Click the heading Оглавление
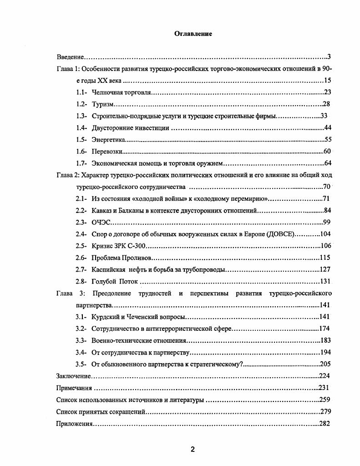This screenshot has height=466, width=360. pyautogui.click(x=193, y=34)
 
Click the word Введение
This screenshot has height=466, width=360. pyautogui.click(x=70, y=57)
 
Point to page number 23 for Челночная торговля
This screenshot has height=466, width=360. pyautogui.click(x=327, y=92)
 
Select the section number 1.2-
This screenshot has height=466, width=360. pyautogui.click(x=81, y=104)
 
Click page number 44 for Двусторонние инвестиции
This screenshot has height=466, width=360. pyautogui.click(x=327, y=128)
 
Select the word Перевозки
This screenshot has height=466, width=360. pyautogui.click(x=107, y=152)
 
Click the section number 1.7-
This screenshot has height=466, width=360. pyautogui.click(x=81, y=163)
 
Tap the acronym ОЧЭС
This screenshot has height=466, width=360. pyautogui.click(x=101, y=222)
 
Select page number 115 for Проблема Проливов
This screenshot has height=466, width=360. pyautogui.click(x=325, y=258)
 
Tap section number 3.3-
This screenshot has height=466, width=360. pyautogui.click(x=81, y=340)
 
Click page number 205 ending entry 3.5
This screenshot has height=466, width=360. pyautogui.click(x=325, y=364)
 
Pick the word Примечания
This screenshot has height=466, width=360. pyautogui.click(x=74, y=388)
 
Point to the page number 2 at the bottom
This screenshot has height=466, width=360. pyautogui.click(x=193, y=450)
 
